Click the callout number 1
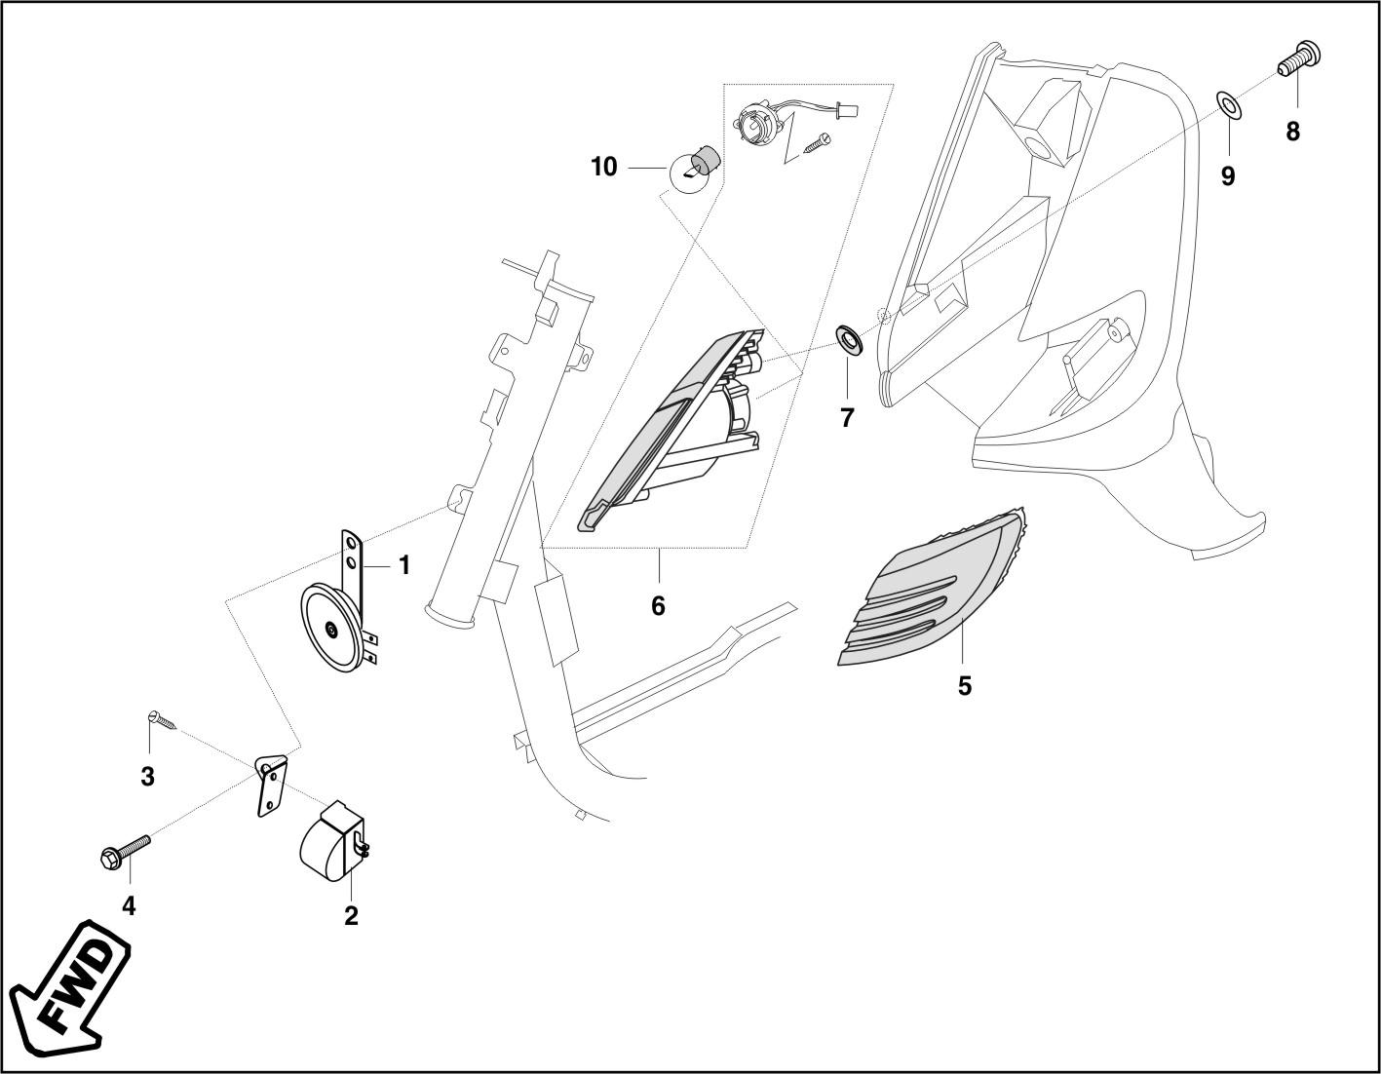click(x=403, y=565)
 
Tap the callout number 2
click(x=351, y=916)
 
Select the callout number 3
click(x=148, y=777)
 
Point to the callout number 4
click(x=129, y=906)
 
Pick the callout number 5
click(x=964, y=686)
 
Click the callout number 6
click(x=658, y=606)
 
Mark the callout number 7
click(x=847, y=418)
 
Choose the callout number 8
click(x=1292, y=132)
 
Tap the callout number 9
click(x=1228, y=176)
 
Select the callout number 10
click(x=604, y=168)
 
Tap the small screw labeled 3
click(x=162, y=720)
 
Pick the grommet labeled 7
click(x=848, y=340)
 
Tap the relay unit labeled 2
click(x=329, y=841)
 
